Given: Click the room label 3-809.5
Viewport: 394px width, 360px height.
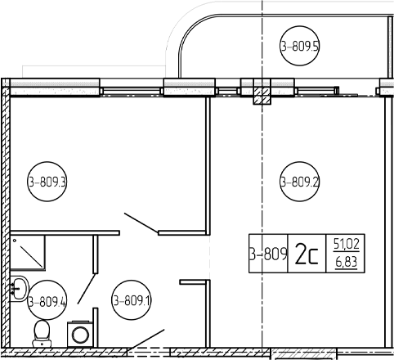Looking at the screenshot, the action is coord(299,46).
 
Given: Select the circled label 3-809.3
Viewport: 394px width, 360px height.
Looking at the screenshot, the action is coord(47,182).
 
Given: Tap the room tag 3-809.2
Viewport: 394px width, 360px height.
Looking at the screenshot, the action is coord(299,182).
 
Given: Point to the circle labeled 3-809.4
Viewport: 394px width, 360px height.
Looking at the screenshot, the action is coord(47,300).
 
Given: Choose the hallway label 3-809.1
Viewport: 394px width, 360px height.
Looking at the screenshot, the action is coord(132,300).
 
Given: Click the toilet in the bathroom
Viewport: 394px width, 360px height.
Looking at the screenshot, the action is coord(42,334).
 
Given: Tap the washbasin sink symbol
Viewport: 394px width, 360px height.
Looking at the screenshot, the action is coord(19,289).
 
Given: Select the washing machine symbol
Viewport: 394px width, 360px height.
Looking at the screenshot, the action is coord(80,334).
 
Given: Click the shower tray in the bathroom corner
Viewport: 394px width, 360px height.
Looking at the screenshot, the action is coord(28,253).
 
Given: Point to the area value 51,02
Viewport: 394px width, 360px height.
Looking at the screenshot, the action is coord(347,244).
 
